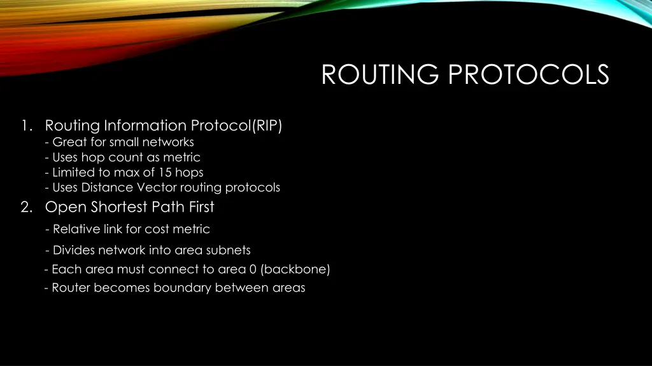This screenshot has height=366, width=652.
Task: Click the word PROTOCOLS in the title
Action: click(528, 75)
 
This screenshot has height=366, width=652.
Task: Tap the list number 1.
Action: click(25, 126)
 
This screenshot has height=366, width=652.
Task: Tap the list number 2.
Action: click(25, 207)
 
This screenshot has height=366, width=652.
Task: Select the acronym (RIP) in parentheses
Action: click(267, 126)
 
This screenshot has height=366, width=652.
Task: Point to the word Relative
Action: click(76, 229)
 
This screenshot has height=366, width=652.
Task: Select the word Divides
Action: click(75, 250)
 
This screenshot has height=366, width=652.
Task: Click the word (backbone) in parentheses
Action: click(295, 269)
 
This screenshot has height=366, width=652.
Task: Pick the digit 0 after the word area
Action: click(253, 269)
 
